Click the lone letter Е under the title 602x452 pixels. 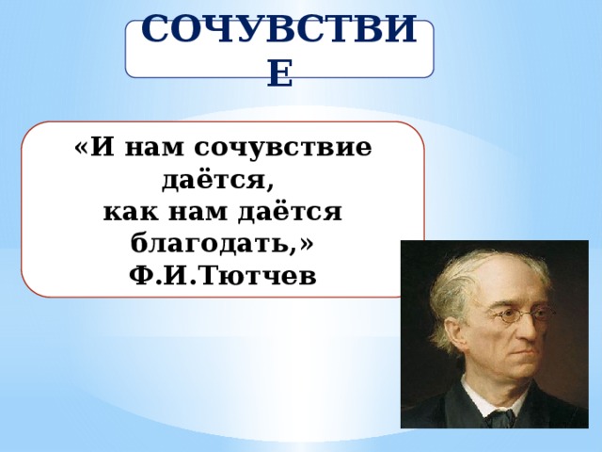tap(280, 73)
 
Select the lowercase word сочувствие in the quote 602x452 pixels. tap(283, 147)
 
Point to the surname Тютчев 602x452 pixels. tap(258, 275)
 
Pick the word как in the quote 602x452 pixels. tap(131, 212)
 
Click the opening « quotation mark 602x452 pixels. tap(83, 149)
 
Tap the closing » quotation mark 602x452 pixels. tap(306, 244)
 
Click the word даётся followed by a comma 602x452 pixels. tap(217, 181)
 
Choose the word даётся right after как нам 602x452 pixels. tap(290, 211)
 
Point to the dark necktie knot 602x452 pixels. tap(499, 417)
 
